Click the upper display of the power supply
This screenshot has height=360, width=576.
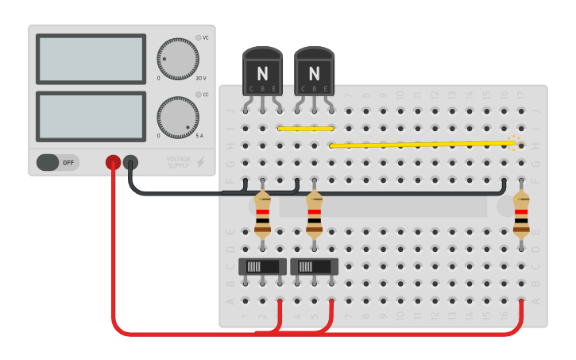[91, 58]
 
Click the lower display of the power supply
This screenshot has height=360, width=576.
[91, 117]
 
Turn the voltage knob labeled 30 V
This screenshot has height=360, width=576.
[177, 58]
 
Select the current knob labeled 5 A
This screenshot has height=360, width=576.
[177, 117]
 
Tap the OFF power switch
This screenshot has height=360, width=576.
[58, 162]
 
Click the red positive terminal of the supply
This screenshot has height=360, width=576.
[113, 162]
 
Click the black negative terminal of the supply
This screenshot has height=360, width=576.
[130, 162]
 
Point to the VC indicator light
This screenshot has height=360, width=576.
[198, 37]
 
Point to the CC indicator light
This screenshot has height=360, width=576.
[198, 95]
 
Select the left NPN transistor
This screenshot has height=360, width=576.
[262, 72]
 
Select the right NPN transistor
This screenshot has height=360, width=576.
[314, 72]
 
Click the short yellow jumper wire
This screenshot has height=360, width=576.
[305, 128]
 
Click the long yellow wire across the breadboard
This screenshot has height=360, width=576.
[421, 145]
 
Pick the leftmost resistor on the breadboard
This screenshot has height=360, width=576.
[263, 215]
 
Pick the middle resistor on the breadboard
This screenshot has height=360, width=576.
[315, 215]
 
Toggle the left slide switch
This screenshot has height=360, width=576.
[263, 266]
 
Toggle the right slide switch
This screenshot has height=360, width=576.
[315, 266]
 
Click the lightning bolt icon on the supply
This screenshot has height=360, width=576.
[201, 162]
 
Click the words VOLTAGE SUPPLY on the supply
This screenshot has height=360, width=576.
[179, 162]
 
